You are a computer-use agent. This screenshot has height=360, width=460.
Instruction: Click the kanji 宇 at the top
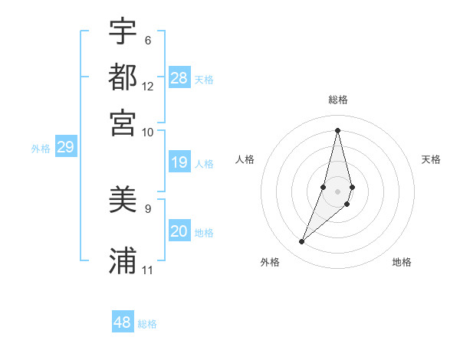pos(123,31)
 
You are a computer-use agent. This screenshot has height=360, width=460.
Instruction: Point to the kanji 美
pos(123,201)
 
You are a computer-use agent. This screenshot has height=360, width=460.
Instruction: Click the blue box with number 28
pos(179,78)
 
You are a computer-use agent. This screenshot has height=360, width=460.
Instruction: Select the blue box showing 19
pos(179,162)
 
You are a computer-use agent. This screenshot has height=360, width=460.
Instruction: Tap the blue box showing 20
pos(179,231)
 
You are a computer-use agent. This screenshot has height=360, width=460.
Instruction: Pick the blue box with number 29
pos(66,148)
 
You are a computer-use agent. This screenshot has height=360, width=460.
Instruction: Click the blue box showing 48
pos(123,322)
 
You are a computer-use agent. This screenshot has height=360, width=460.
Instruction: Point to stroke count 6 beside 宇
pos(148,40)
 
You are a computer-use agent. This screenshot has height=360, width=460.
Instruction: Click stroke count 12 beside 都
pos(148,86)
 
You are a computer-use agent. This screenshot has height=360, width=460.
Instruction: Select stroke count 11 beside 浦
pos(148,270)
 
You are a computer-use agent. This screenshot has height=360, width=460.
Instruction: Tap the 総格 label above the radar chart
pos(337,100)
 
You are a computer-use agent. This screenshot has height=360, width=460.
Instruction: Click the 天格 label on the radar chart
pos(431,159)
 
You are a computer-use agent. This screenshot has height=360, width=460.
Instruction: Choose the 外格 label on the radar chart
pos(270,263)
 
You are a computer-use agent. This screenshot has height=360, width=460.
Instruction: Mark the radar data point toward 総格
pos(337,130)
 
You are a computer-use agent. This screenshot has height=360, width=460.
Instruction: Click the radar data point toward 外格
pos(301,242)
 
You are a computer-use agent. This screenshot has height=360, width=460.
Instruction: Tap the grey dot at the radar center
pos(337,191)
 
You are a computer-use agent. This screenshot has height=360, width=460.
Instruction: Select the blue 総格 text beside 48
pos(147,324)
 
